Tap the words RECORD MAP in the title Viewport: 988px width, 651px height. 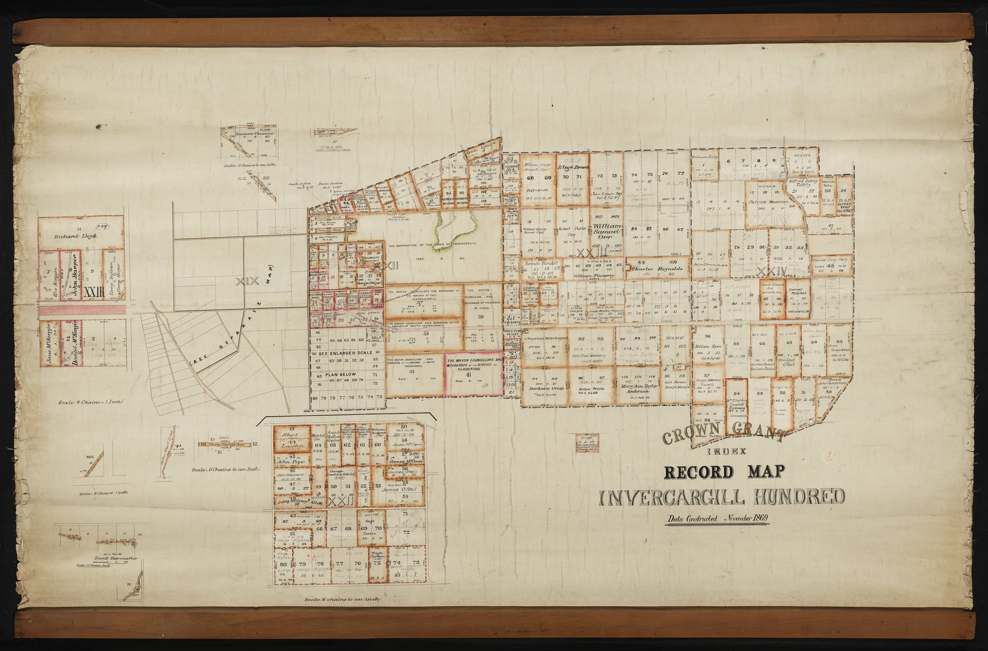[x=724, y=472]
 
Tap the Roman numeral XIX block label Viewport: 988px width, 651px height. [x=247, y=282]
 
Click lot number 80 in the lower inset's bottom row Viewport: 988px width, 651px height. [x=283, y=565]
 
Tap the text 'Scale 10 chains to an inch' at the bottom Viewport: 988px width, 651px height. [x=342, y=599]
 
